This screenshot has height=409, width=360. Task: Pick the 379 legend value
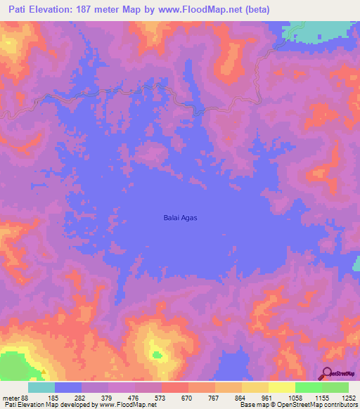point(108,398)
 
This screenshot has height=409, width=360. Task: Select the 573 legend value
point(161,398)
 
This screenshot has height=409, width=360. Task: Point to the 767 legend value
point(214,398)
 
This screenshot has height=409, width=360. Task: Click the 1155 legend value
point(321,398)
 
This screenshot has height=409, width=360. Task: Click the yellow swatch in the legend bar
point(281,387)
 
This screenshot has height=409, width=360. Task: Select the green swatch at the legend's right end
point(335,387)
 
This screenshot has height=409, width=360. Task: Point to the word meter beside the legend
point(10,398)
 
